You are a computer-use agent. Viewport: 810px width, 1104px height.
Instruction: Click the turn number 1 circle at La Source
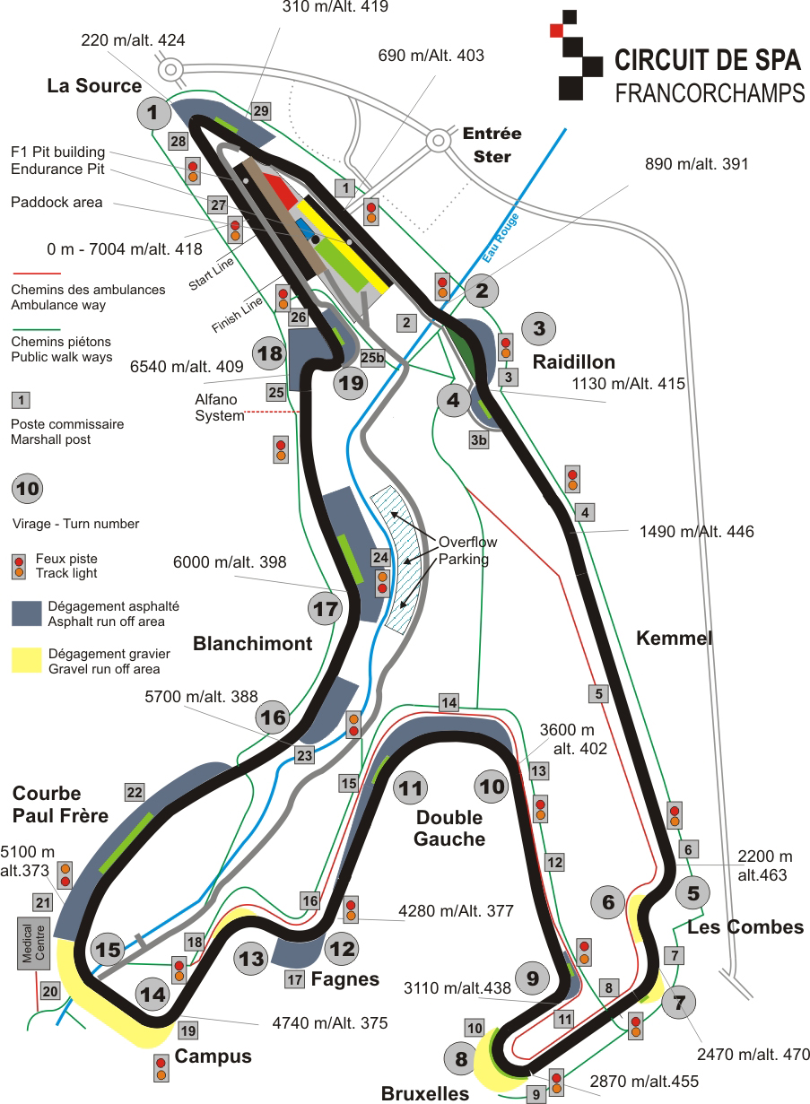click(x=153, y=113)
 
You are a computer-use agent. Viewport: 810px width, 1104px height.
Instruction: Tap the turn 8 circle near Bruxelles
click(x=461, y=1058)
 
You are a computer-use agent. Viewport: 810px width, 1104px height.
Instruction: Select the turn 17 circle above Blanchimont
click(x=325, y=609)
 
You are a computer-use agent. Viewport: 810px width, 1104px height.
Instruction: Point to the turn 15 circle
click(x=108, y=949)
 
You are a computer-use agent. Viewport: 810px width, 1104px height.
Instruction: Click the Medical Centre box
click(x=33, y=943)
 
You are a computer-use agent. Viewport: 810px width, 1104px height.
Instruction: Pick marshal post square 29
click(x=261, y=111)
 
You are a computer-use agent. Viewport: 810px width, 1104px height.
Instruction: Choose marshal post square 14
click(x=449, y=702)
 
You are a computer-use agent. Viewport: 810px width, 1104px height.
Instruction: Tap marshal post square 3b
click(x=478, y=439)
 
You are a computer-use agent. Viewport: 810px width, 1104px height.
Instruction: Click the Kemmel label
click(x=675, y=638)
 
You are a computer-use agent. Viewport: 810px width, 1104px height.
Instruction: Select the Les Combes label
click(x=745, y=927)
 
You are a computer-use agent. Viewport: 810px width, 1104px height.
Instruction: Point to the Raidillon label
click(x=574, y=361)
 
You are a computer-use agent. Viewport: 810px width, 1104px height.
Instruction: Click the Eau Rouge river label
click(x=501, y=238)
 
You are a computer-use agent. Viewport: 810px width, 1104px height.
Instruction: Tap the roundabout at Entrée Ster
click(x=438, y=141)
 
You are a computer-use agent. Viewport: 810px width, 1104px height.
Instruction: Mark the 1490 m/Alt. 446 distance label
click(x=697, y=531)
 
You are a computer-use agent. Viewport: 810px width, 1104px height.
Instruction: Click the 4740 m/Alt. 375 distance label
click(x=330, y=1022)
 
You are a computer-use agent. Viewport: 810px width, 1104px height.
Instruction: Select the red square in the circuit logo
click(x=557, y=30)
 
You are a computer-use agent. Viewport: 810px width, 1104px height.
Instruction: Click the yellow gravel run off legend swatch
click(x=27, y=660)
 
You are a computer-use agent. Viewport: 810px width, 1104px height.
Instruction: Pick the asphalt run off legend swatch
click(x=27, y=613)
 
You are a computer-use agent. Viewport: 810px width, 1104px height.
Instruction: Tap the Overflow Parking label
click(x=468, y=551)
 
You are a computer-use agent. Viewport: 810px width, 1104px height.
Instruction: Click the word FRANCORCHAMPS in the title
click(x=710, y=92)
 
